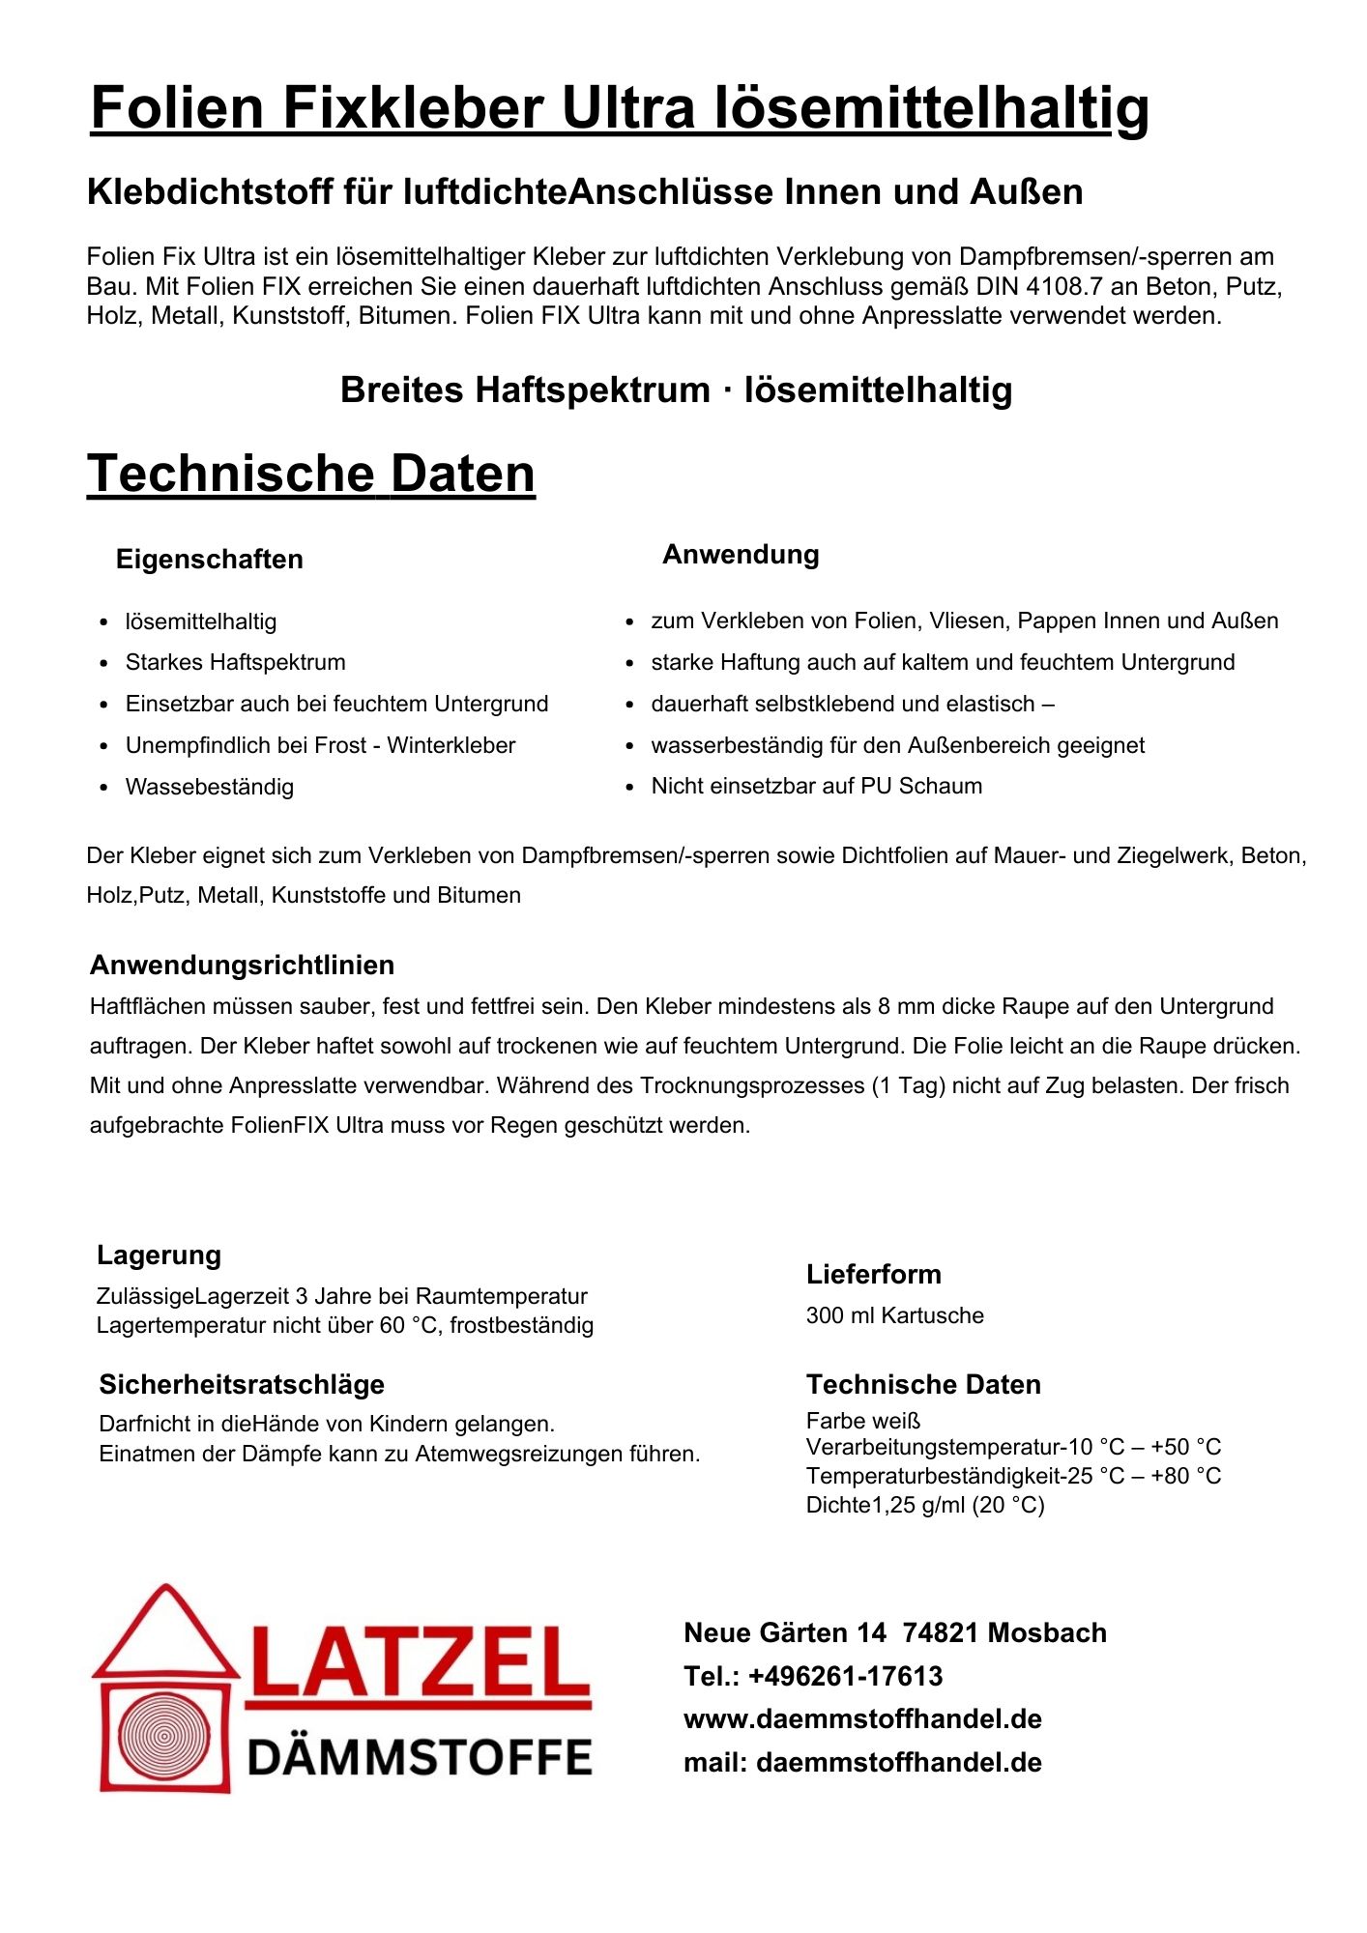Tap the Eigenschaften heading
(209, 560)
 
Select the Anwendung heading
(741, 555)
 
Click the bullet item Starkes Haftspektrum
(235, 663)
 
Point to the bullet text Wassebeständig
(209, 788)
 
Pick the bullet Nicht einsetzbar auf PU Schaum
(816, 787)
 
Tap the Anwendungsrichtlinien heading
(242, 966)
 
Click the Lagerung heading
(159, 1255)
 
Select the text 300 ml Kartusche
(894, 1316)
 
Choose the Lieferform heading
(873, 1275)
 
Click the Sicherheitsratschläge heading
(242, 1385)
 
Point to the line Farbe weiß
(862, 1421)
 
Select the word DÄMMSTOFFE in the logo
(420, 1758)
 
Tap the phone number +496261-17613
(845, 1677)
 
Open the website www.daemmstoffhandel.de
(862, 1719)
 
